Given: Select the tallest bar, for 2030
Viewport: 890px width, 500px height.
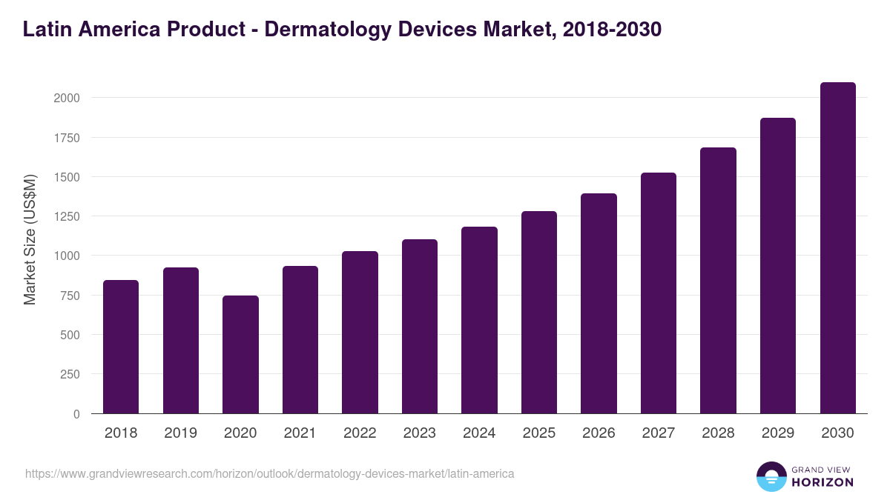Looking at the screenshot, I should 837,247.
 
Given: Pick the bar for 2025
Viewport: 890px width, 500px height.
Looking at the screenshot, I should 538,312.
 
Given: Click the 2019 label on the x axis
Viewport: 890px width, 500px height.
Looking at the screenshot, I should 180,433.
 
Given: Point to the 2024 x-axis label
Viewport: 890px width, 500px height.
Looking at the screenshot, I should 479,433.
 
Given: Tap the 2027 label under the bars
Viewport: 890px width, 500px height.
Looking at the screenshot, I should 659,433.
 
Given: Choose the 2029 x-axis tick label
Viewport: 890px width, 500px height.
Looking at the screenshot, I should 778,433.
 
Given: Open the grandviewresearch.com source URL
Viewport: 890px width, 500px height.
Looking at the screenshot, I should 269,473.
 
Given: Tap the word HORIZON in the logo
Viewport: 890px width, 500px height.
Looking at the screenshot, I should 823,482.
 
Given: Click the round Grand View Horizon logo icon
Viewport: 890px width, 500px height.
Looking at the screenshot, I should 771,476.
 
